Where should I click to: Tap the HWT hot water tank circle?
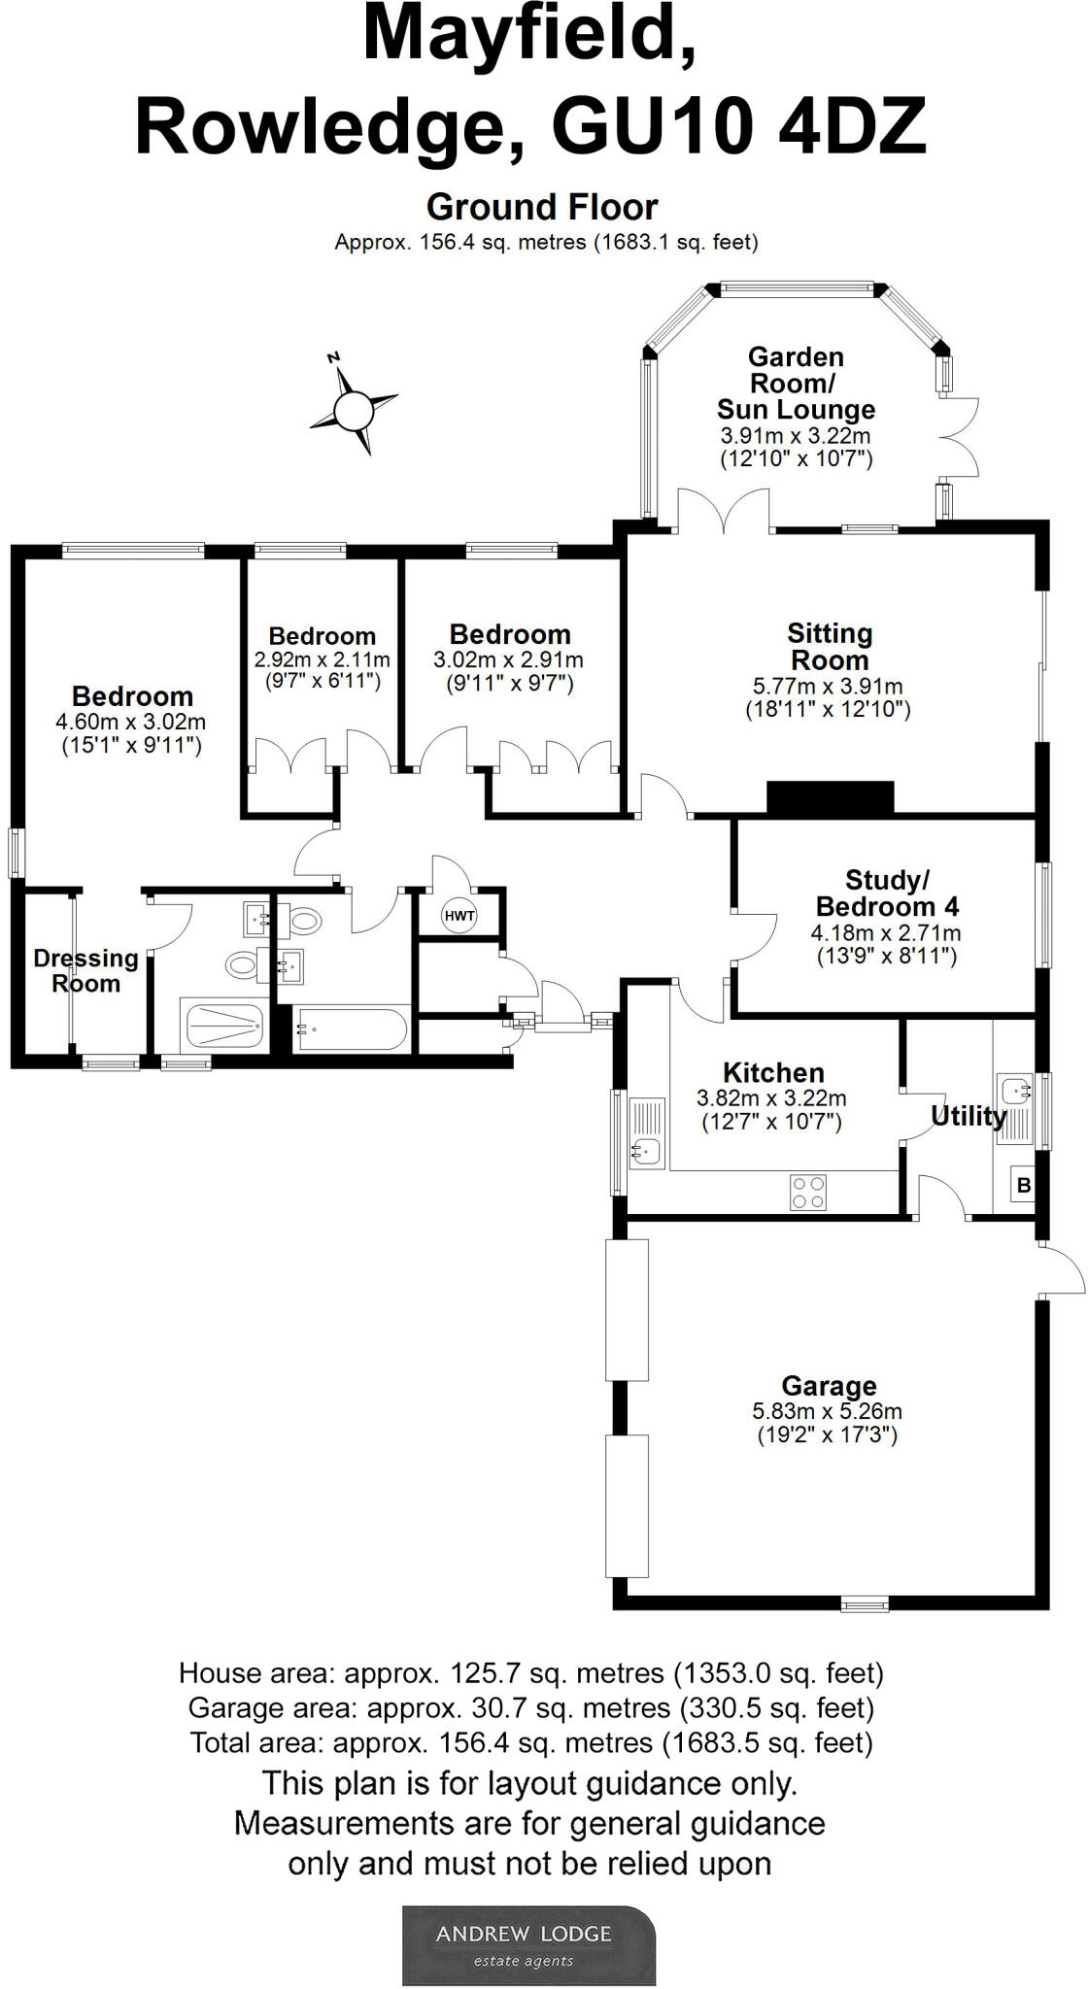click(x=459, y=915)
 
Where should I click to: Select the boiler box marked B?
click(x=1022, y=1186)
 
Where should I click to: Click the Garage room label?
click(x=829, y=1386)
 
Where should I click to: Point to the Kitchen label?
click(x=773, y=1073)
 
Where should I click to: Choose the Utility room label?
click(x=969, y=1116)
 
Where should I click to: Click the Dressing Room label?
click(x=85, y=971)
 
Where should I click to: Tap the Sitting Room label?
click(x=830, y=647)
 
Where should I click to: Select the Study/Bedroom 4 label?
click(x=887, y=893)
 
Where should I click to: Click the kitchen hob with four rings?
click(x=808, y=1192)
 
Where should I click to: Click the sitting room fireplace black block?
click(x=830, y=796)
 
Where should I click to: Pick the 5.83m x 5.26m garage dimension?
click(x=827, y=1411)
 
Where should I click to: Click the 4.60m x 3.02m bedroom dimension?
click(x=131, y=722)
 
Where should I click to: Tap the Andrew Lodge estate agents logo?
click(x=529, y=1945)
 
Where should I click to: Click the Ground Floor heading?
click(x=542, y=207)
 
